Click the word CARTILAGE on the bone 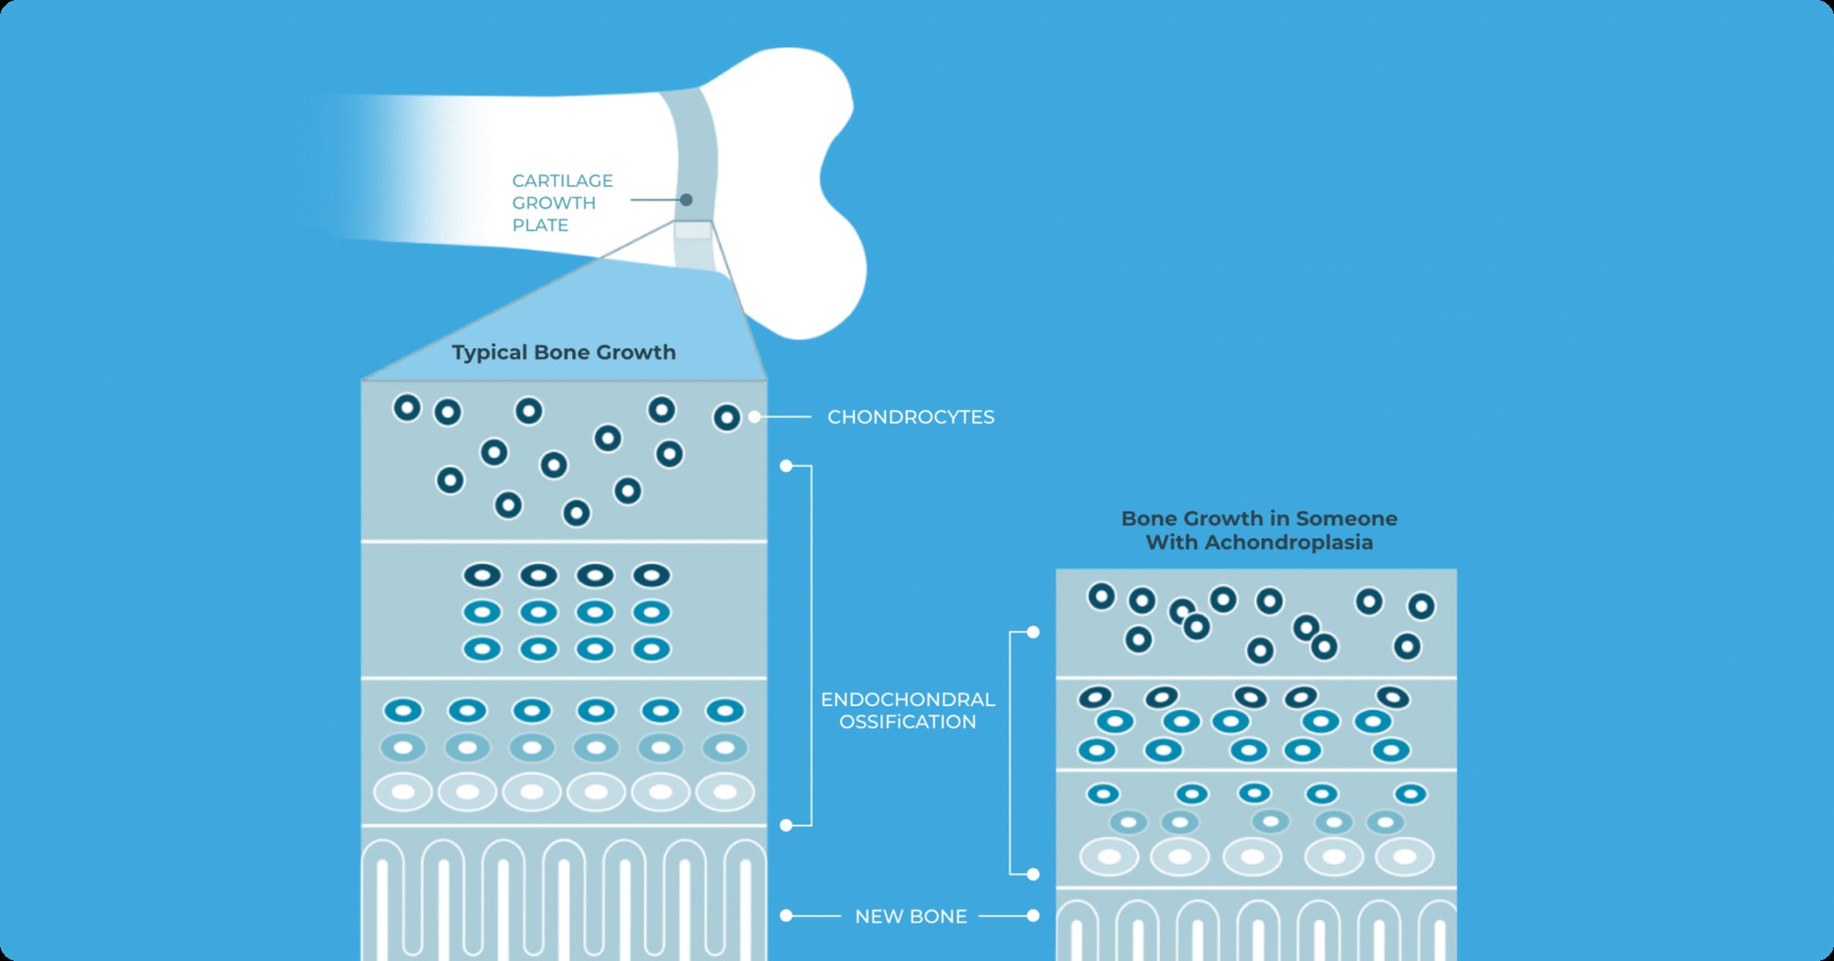coord(562,181)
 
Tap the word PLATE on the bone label coord(540,226)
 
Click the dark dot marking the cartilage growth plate coord(686,200)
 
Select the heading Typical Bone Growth coord(564,352)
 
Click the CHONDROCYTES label coord(911,417)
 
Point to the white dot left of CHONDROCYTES coord(755,417)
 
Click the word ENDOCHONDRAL coord(908,700)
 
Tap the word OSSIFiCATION coord(908,723)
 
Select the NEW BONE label coord(911,916)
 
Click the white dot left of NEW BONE coord(786,915)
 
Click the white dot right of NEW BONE coord(1033,915)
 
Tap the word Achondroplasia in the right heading coord(1288,543)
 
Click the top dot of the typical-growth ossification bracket coord(786,466)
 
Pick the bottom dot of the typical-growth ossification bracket coord(786,825)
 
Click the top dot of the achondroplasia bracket coord(1033,632)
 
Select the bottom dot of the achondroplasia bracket coord(1033,874)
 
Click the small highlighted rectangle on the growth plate coord(693,229)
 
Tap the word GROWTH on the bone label coord(554,203)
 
